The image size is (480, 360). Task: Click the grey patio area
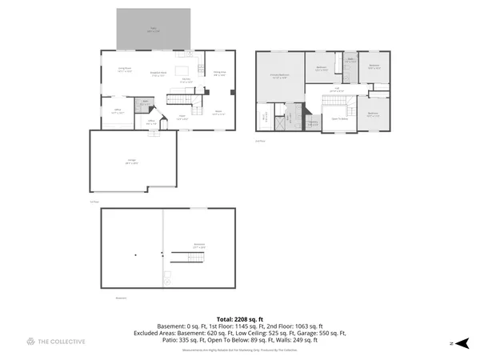pos(154,29)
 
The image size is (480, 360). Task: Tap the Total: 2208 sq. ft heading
pos(239,318)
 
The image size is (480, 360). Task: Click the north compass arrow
pos(460,342)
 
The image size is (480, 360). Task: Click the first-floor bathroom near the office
pos(145,102)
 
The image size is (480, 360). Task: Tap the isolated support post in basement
pos(136,254)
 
